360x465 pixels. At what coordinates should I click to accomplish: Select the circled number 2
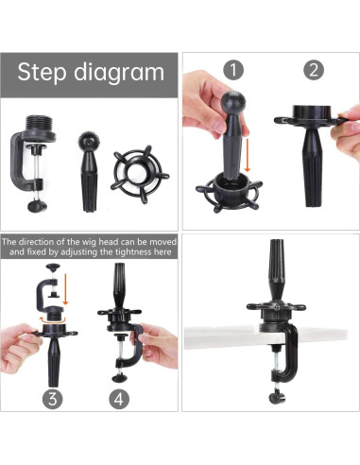click(313, 69)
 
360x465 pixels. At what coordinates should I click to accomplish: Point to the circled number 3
click(55, 398)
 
